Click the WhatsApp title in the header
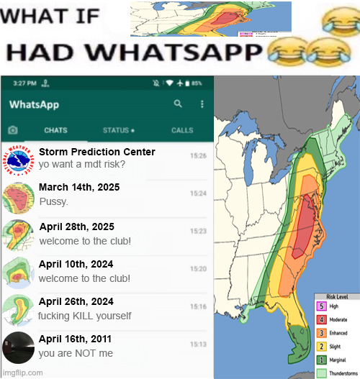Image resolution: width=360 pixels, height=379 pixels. (35, 104)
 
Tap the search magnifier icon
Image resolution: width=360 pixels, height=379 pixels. (178, 104)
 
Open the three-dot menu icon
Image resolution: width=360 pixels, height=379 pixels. (202, 104)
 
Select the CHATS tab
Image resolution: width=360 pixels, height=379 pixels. (56, 130)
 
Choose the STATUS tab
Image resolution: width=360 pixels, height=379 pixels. (118, 130)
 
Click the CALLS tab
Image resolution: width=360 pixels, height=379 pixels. (182, 130)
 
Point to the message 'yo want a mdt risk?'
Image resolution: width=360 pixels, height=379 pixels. (82, 164)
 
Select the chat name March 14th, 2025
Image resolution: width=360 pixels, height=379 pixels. (79, 188)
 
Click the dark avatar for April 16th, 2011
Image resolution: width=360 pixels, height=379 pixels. (17, 347)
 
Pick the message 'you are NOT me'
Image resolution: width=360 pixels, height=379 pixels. (76, 353)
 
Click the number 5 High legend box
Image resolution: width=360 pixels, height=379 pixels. (321, 306)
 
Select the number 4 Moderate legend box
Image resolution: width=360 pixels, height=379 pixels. (321, 319)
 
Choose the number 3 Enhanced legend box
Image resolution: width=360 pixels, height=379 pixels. (321, 333)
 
